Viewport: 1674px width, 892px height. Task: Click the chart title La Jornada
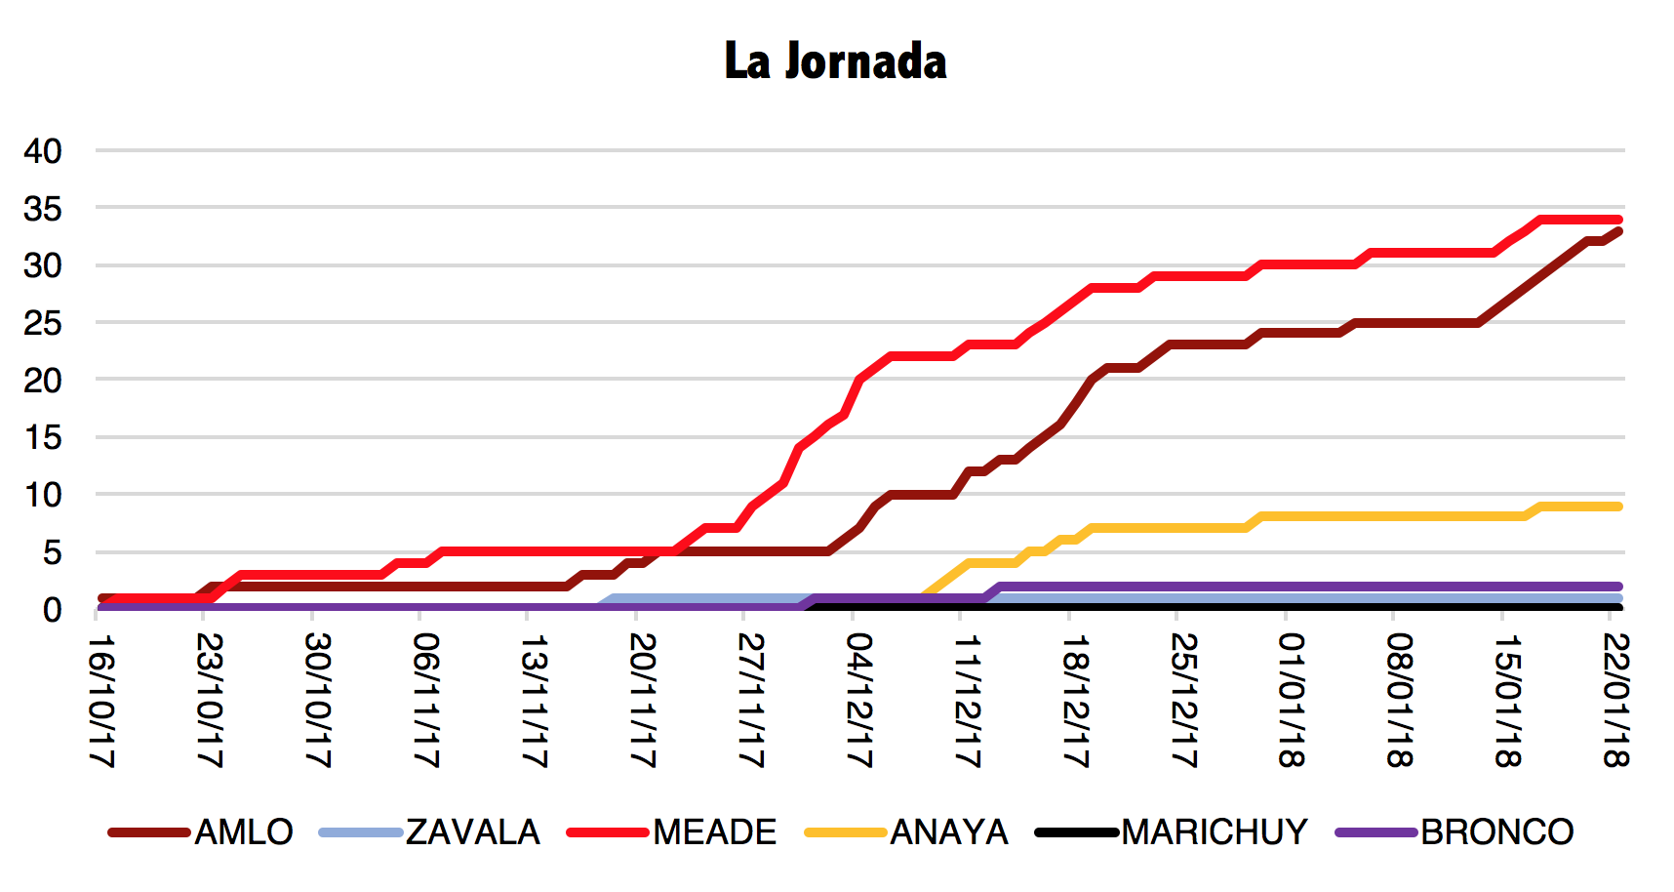click(835, 61)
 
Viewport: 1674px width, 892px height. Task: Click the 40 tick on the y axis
click(43, 151)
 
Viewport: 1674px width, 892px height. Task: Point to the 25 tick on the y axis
click(43, 323)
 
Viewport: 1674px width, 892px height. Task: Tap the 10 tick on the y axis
click(43, 496)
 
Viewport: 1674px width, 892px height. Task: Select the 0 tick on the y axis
click(52, 610)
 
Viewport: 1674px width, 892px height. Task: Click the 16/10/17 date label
click(101, 701)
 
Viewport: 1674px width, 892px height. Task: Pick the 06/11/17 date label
click(426, 701)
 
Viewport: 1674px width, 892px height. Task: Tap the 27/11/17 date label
click(750, 701)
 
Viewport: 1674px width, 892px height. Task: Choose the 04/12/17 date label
click(858, 701)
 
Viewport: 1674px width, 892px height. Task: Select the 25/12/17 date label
click(1182, 701)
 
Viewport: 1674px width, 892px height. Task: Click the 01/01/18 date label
click(1291, 701)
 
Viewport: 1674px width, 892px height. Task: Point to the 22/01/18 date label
click(1615, 701)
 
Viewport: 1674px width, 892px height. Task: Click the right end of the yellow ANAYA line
click(1618, 507)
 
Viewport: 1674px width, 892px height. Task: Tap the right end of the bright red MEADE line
click(1618, 220)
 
